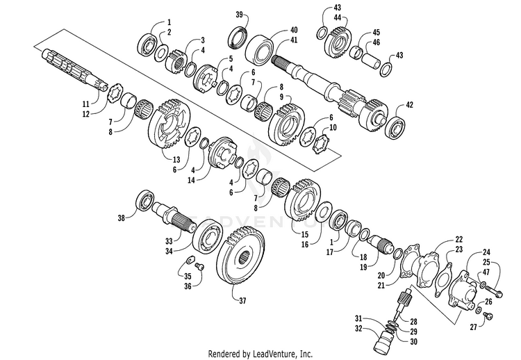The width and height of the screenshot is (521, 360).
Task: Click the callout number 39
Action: point(240,15)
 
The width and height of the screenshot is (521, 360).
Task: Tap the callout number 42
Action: point(409,105)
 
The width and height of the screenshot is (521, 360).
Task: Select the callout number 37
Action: point(243,300)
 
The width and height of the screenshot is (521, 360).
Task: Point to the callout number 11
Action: point(86,104)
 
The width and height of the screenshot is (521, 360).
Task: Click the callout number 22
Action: point(459,239)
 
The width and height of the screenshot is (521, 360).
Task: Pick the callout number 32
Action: point(358,329)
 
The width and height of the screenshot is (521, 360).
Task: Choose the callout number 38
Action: point(122,218)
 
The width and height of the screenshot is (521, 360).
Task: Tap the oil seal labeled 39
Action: point(238,38)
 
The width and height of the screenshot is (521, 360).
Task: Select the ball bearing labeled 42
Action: point(395,126)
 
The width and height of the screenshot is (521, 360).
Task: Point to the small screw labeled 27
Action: point(488,315)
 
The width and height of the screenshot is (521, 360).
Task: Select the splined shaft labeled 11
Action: point(74,68)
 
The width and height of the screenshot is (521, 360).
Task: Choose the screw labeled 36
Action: point(199,266)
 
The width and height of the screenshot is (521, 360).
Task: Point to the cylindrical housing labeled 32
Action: point(383,339)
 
